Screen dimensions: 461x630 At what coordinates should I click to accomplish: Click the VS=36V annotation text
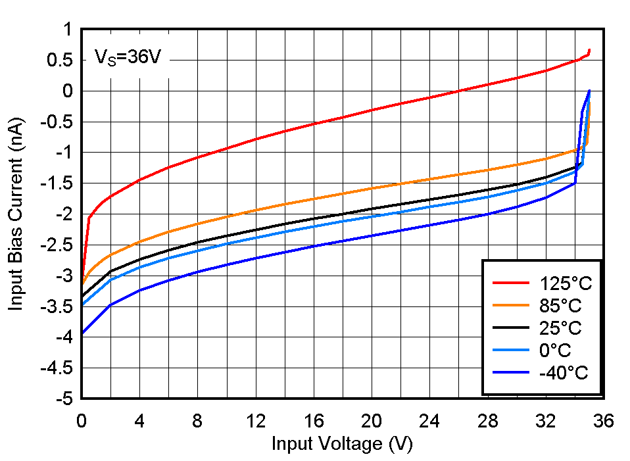click(128, 58)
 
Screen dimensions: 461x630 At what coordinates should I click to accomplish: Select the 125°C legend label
click(566, 284)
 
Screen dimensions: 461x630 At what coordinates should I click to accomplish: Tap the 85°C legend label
click(560, 306)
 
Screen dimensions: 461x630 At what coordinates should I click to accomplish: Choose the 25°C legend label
click(560, 328)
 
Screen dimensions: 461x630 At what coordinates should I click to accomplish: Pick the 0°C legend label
click(555, 351)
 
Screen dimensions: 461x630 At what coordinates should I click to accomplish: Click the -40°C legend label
click(563, 373)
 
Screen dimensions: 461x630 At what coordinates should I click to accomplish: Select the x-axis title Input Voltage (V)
click(342, 445)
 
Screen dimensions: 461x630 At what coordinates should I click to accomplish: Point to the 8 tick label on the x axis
click(197, 422)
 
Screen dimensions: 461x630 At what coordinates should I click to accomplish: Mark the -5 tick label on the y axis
click(64, 399)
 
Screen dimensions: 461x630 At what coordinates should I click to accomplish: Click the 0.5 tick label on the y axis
click(59, 61)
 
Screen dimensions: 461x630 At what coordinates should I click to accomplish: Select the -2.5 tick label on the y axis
click(59, 245)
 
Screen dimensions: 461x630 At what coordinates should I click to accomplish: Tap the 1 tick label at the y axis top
click(67, 30)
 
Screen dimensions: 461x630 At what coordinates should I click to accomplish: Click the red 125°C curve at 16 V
click(314, 124)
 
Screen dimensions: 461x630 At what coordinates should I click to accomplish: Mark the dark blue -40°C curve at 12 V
click(256, 257)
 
